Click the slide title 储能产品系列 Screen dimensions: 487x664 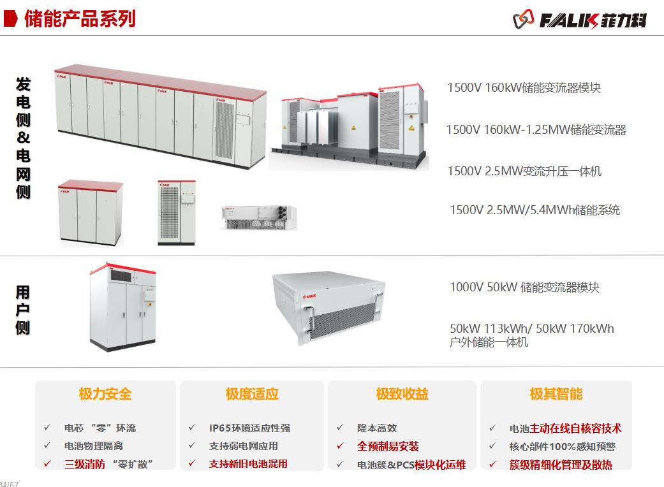coord(80,18)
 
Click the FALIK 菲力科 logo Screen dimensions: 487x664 coord(580,20)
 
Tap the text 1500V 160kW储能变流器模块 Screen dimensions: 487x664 coord(524,88)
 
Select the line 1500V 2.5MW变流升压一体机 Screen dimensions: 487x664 coord(524,171)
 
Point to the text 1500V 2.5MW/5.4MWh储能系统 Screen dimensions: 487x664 coord(535,210)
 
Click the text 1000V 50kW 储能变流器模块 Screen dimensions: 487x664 coord(524,287)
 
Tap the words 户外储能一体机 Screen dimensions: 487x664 coord(489,342)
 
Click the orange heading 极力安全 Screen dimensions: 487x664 coord(105,394)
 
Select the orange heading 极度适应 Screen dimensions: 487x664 coord(252,394)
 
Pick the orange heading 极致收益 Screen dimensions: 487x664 coord(402,394)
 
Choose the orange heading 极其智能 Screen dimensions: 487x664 coord(556,394)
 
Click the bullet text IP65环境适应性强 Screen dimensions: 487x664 coord(249,428)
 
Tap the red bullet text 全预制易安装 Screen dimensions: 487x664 coord(388,446)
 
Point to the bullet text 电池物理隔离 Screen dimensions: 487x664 coord(94,446)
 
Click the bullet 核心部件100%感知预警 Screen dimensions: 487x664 coord(562,446)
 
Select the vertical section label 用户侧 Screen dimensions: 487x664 coord(23,310)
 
